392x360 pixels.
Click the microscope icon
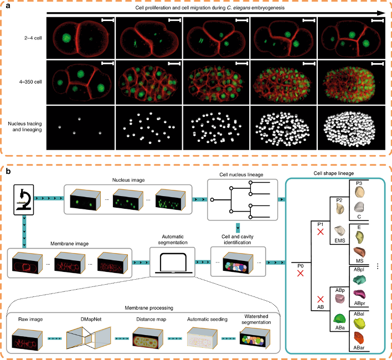(23, 198)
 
